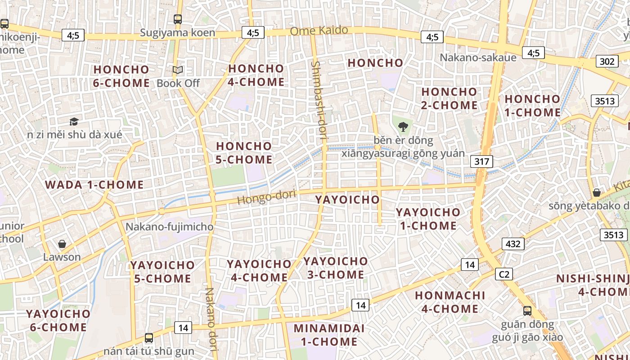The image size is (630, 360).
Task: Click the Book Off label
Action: click(178, 83)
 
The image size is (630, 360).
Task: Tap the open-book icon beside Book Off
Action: click(178, 70)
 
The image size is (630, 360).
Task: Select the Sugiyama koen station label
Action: click(177, 32)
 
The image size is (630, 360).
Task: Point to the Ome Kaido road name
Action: click(319, 31)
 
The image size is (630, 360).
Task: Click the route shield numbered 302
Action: click(606, 61)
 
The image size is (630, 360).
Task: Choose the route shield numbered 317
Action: click(481, 161)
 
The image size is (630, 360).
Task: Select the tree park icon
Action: click(403, 127)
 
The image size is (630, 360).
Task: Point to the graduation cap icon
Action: click(74, 121)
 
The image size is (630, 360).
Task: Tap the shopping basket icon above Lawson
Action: click(62, 244)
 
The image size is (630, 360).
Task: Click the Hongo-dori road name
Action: click(266, 197)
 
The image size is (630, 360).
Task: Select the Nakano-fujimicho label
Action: click(169, 226)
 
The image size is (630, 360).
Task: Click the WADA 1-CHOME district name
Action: click(94, 184)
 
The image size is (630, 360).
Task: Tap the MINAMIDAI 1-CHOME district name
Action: click(329, 335)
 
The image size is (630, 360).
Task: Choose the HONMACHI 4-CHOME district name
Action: click(450, 302)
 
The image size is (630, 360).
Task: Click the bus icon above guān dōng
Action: click(527, 310)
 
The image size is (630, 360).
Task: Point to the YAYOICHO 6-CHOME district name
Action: click(58, 320)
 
